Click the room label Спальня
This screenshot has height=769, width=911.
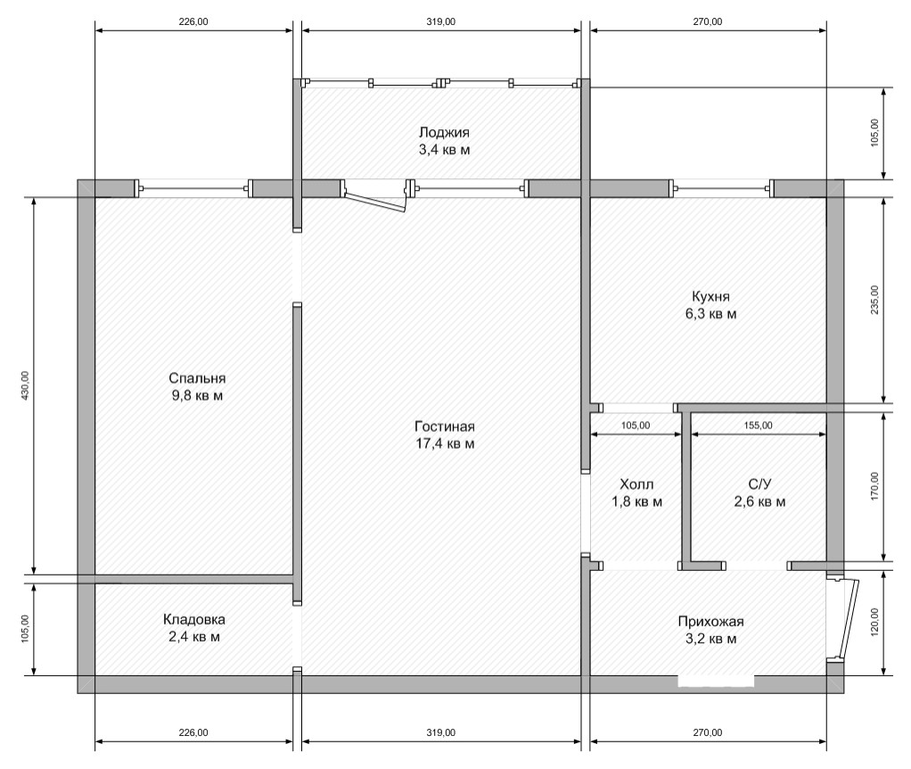coord(197,378)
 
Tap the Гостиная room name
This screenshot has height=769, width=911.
coord(445,426)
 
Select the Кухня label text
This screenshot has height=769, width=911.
coord(710,296)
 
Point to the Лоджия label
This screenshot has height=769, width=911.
coord(444,133)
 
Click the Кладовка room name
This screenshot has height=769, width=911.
coord(194,620)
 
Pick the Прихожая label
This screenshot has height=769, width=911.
coord(710,622)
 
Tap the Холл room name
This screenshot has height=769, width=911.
coord(636,484)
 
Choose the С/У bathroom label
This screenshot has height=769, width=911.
coord(759,484)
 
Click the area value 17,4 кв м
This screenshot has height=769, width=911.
coord(445,444)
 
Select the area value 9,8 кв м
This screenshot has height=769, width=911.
coord(197,396)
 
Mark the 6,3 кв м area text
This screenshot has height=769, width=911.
coord(710,314)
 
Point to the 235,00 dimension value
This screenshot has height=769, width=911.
coord(875,300)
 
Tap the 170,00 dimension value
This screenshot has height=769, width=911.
coord(875,486)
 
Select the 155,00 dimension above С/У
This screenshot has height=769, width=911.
coord(759,426)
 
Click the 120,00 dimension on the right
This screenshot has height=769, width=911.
coord(875,623)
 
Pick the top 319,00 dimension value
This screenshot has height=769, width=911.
coord(441,22)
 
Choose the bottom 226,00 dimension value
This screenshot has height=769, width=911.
coord(193,733)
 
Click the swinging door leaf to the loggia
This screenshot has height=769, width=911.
coord(374,202)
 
